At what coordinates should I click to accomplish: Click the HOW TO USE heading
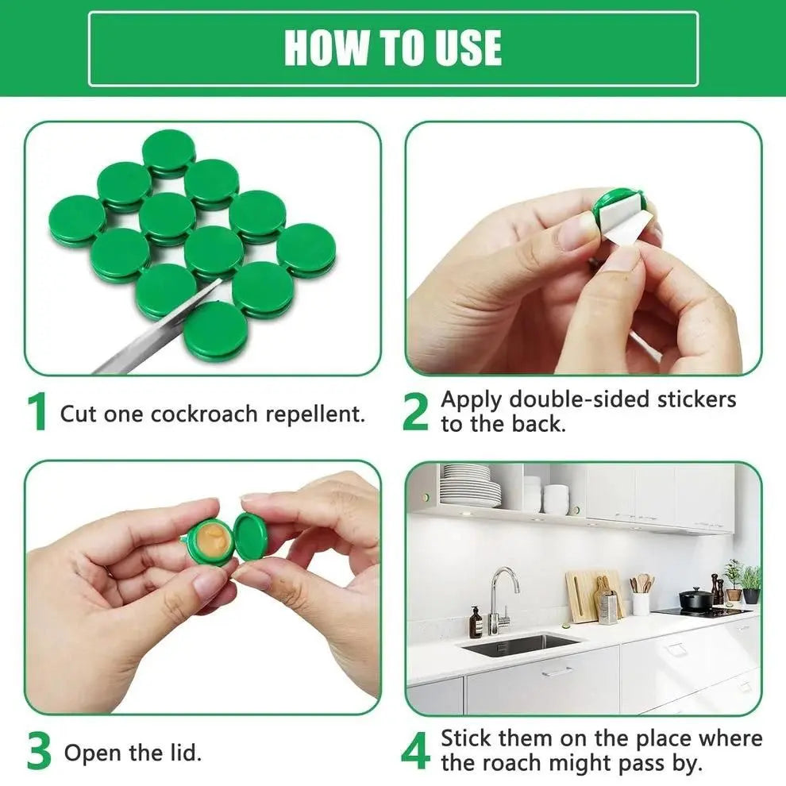click(393, 48)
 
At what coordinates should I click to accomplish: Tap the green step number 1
click(37, 414)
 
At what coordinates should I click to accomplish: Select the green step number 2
click(415, 412)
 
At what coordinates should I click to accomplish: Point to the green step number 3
click(39, 752)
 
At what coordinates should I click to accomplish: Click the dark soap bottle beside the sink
click(476, 623)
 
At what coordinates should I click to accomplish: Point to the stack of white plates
click(470, 486)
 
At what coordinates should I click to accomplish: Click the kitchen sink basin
click(520, 645)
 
